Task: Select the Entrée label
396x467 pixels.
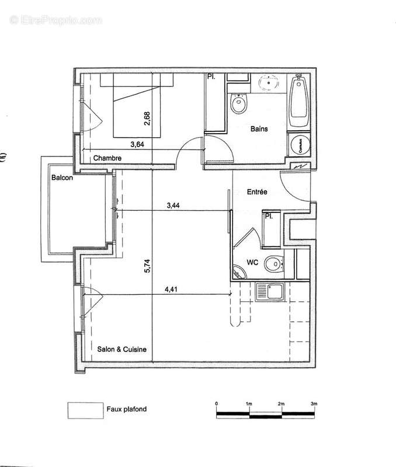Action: click(257, 191)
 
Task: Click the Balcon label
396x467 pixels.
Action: click(61, 177)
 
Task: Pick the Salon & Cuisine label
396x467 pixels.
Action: click(123, 349)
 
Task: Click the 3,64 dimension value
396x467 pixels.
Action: click(138, 144)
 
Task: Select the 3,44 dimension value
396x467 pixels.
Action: click(173, 205)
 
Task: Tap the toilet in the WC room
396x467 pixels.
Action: click(273, 265)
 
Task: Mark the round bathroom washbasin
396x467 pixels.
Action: click(270, 82)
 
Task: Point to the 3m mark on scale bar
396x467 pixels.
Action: click(314, 404)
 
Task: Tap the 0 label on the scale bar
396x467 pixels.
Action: click(217, 404)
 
